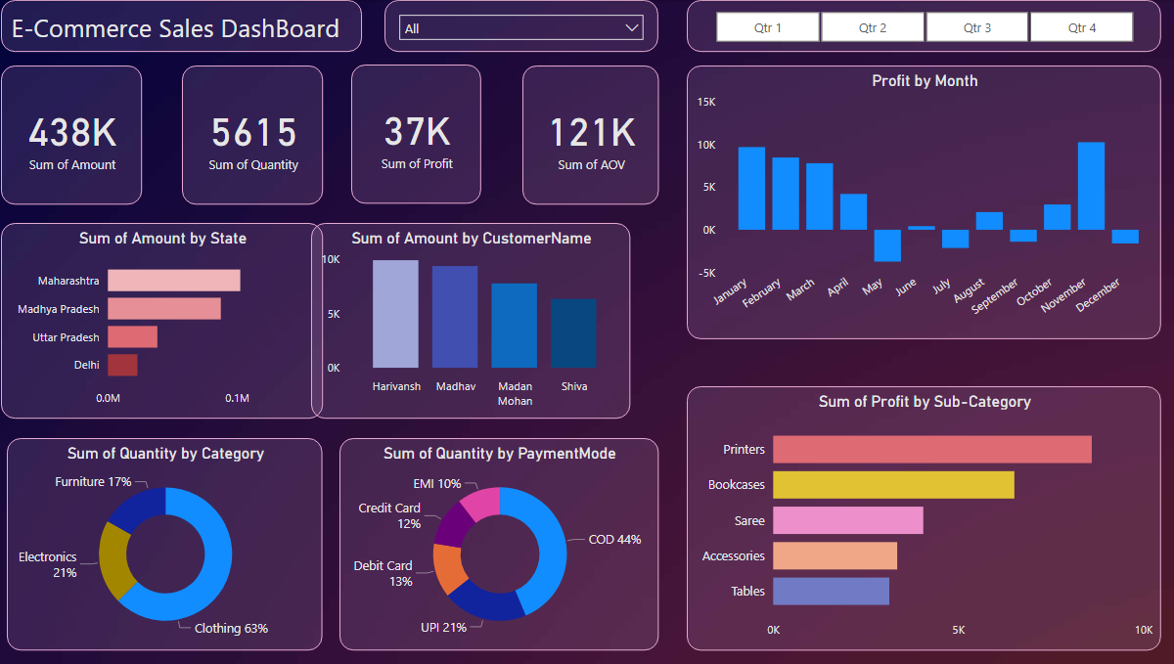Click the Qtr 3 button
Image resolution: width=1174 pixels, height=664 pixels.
976,27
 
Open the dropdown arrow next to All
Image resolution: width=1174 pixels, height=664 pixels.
632,28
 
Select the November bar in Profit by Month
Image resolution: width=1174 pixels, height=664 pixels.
1091,186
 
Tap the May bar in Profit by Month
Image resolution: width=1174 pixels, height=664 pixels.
887,245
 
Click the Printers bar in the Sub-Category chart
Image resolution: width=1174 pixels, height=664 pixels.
931,450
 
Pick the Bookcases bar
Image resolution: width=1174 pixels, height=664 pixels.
893,485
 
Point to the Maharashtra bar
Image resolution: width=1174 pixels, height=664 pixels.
173,281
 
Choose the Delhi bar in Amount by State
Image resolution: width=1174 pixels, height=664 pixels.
122,365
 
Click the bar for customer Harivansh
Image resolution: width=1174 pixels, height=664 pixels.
395,313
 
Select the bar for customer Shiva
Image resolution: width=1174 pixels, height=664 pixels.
573,332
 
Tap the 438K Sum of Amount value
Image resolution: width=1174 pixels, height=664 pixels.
72,133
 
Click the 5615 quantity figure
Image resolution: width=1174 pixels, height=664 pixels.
253,133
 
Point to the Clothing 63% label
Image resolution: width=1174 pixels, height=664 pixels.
231,629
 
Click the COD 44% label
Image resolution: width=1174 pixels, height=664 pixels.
614,540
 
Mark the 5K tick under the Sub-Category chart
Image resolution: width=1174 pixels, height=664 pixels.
958,631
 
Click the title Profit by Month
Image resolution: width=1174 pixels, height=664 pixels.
925,81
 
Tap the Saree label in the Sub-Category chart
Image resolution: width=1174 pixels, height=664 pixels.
749,521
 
